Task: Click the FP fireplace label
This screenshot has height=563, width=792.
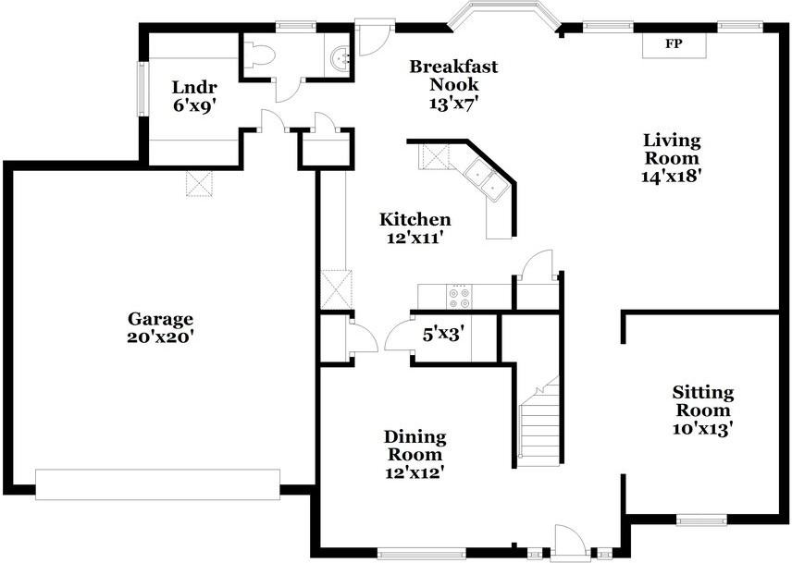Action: coord(674,43)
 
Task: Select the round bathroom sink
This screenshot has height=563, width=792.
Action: coord(340,57)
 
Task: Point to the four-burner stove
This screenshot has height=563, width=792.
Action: coord(460,297)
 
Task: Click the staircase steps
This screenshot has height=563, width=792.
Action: coord(540,421)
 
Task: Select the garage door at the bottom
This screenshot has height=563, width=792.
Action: coord(157,484)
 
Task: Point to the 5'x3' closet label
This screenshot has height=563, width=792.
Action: coord(443,334)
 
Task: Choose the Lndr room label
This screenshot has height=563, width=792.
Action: coord(194,87)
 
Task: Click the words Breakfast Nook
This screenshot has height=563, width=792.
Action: coord(453,75)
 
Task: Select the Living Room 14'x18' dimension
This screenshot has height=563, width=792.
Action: coord(672,177)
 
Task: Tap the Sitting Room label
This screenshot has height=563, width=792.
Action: coord(703,400)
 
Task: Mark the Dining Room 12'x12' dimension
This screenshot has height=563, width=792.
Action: coord(415,472)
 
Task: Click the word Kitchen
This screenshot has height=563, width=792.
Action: coord(415,219)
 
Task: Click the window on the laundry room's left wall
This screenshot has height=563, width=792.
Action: coord(142,89)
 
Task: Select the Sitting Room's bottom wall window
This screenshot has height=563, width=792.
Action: coord(701,520)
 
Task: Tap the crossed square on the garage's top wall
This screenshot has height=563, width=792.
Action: coord(199,183)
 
